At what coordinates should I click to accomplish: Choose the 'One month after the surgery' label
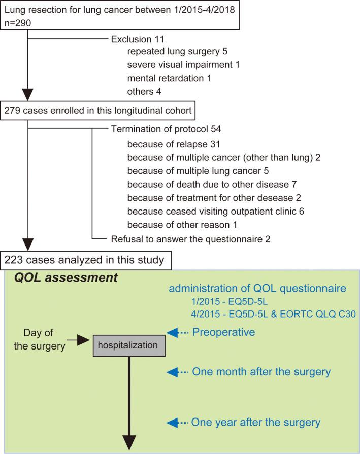pyautogui.click(x=260, y=372)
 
